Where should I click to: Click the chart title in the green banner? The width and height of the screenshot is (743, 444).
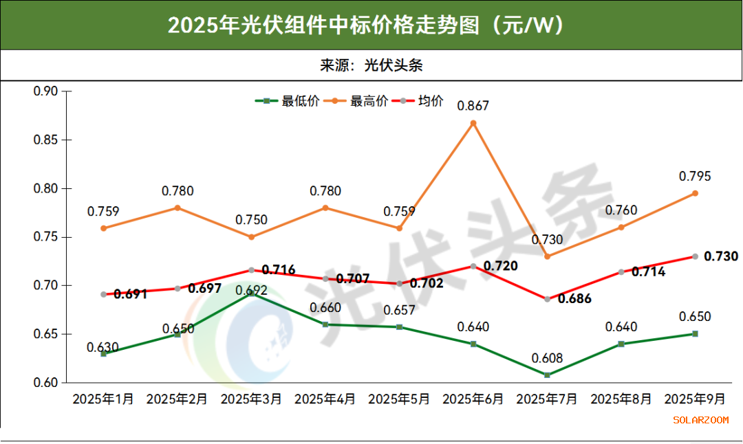point(371,25)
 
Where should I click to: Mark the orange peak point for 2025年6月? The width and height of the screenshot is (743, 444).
point(473,123)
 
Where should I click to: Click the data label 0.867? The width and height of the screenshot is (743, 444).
point(473,106)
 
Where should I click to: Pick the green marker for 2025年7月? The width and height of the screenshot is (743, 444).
point(548,375)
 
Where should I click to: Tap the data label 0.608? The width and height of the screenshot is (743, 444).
point(548,358)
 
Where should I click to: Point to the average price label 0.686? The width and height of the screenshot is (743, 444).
point(574,299)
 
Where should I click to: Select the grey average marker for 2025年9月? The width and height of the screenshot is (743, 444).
point(695,256)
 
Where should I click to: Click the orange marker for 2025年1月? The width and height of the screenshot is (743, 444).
point(103,228)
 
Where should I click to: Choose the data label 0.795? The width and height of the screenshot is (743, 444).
point(695,177)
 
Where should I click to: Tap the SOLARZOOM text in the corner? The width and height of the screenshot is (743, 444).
point(700,420)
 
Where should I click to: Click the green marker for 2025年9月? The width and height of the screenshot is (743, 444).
point(695,334)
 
